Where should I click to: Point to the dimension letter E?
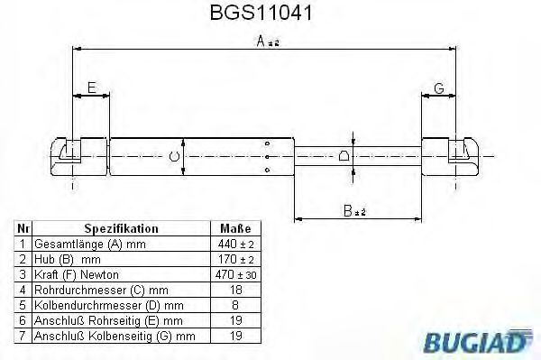[90, 88]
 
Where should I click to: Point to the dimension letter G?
[439, 88]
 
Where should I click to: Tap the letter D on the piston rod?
[344, 157]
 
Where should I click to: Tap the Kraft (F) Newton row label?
[76, 274]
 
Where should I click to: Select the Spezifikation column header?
[120, 229]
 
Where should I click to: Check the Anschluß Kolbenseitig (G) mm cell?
[114, 336]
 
